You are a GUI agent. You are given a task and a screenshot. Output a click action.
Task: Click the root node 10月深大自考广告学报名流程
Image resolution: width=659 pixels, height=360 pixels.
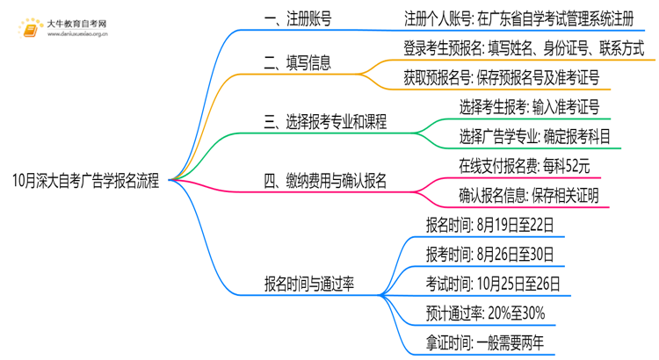tap(86, 182)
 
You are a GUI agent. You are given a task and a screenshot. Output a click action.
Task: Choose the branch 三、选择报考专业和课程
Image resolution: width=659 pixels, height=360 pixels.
tap(326, 122)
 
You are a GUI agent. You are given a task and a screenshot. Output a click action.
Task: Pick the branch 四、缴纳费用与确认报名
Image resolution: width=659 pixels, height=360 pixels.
tap(326, 182)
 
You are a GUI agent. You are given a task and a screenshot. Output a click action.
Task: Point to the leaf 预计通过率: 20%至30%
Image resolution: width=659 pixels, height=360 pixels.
tap(485, 313)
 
